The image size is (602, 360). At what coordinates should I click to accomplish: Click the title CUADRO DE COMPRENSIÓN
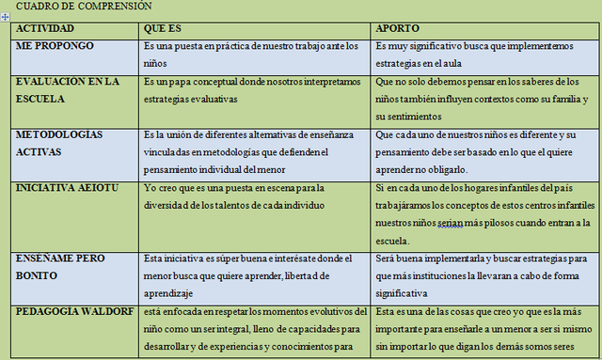85,7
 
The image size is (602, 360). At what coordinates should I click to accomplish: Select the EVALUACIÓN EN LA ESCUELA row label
67,90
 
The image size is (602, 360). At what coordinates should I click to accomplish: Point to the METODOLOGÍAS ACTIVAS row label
60,143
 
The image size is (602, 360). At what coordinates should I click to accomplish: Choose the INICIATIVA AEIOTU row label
65,188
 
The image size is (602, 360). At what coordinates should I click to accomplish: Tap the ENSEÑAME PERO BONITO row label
60,266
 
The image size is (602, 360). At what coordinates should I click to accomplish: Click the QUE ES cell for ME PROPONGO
254,55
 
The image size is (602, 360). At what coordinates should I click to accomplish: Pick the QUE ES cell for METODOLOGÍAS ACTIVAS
254,151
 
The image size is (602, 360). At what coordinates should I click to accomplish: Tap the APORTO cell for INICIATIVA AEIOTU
482,213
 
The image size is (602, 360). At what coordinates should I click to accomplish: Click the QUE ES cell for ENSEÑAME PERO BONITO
254,274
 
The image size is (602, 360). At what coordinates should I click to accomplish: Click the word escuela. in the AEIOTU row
393,242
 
